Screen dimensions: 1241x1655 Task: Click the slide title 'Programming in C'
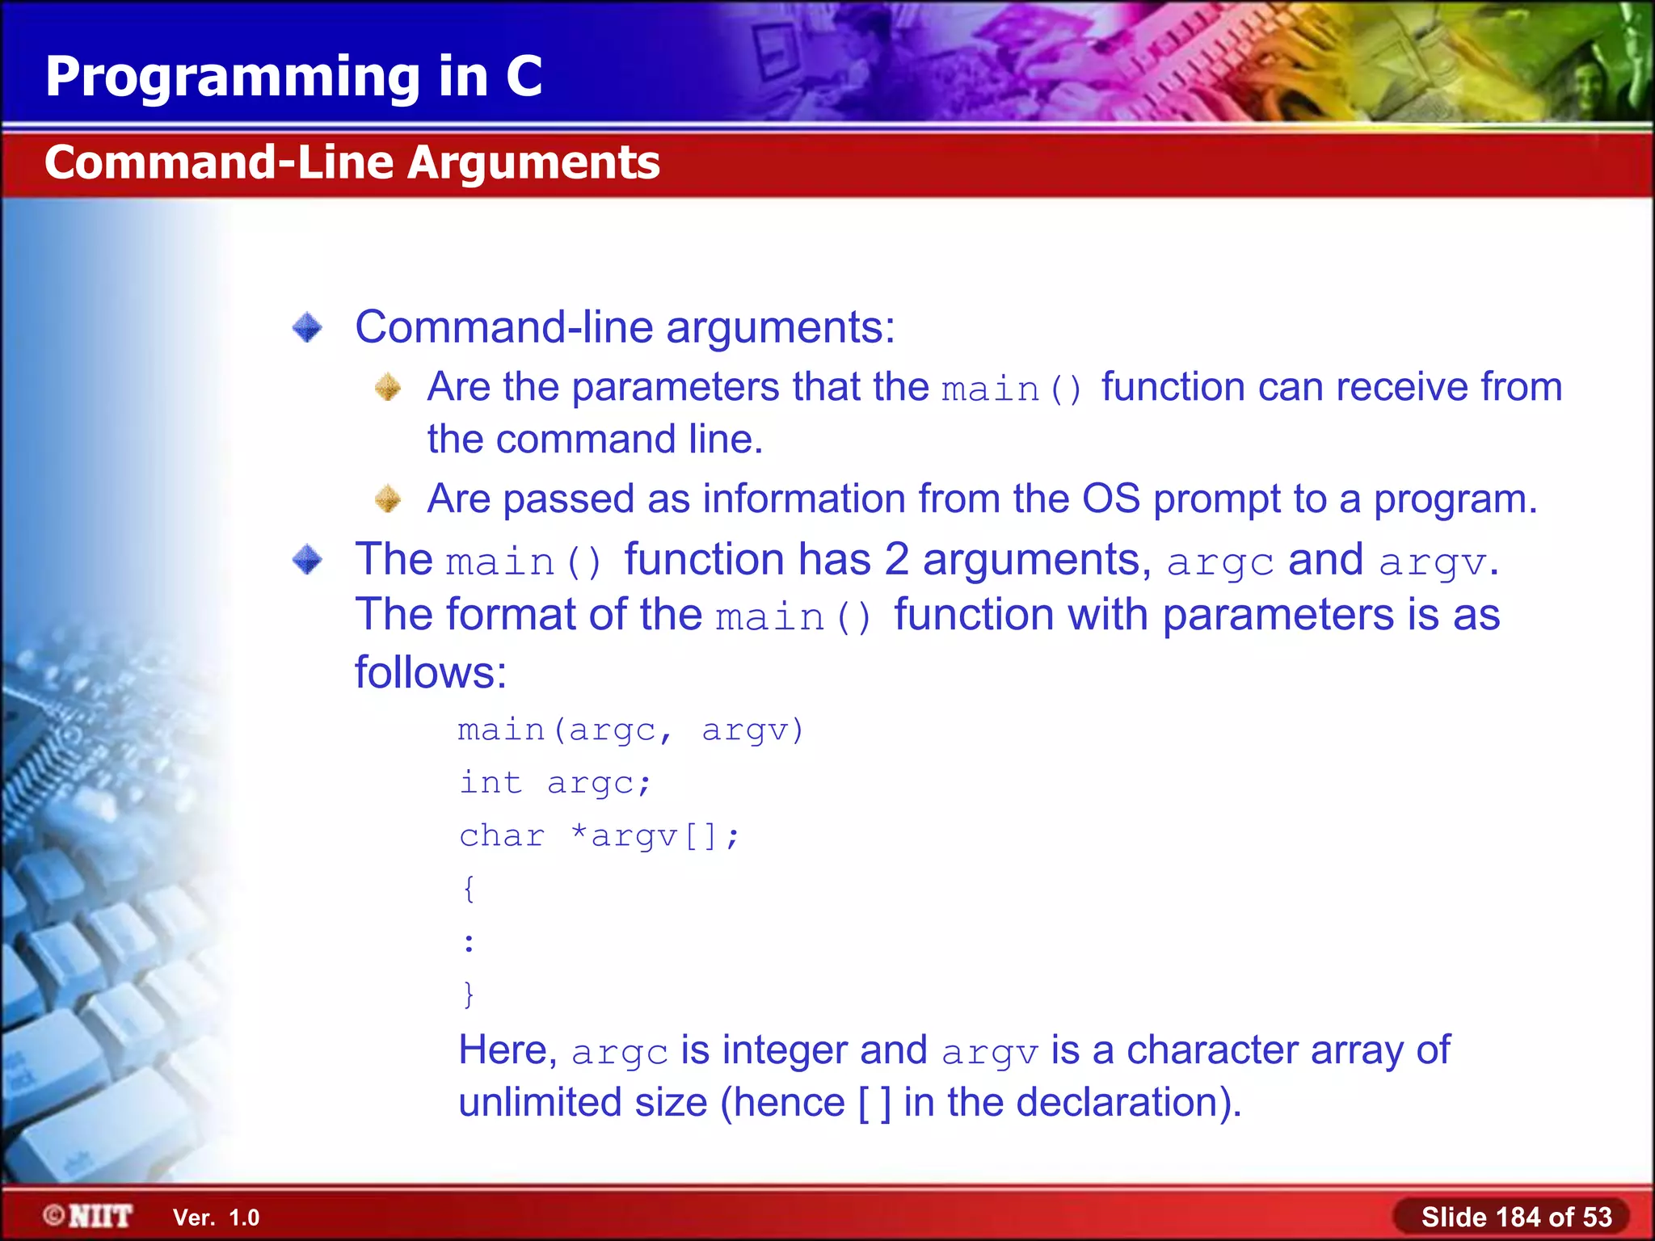click(x=293, y=77)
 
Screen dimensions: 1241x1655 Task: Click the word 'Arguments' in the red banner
click(x=533, y=162)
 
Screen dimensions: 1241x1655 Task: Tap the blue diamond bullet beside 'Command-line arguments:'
click(x=307, y=327)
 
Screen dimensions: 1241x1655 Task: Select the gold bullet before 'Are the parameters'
click(x=388, y=387)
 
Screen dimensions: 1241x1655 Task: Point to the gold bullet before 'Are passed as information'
click(x=388, y=499)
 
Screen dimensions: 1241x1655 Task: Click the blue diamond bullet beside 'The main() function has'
click(x=307, y=559)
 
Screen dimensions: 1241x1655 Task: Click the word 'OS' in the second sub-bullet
click(x=1111, y=499)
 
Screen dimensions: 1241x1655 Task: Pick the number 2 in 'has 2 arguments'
click(x=896, y=559)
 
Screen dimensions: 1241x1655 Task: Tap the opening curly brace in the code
click(x=469, y=889)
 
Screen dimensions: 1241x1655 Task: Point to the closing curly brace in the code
click(x=469, y=994)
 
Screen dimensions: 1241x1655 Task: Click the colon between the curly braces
click(x=469, y=942)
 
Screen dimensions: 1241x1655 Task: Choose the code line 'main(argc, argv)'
click(x=630, y=730)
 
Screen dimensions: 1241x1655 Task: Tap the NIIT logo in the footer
click(x=89, y=1216)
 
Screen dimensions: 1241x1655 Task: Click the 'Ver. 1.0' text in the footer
click(x=216, y=1218)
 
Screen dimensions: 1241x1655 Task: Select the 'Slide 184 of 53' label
click(x=1516, y=1217)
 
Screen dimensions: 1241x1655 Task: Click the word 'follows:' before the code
click(x=431, y=672)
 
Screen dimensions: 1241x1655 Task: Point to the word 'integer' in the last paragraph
click(x=784, y=1050)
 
